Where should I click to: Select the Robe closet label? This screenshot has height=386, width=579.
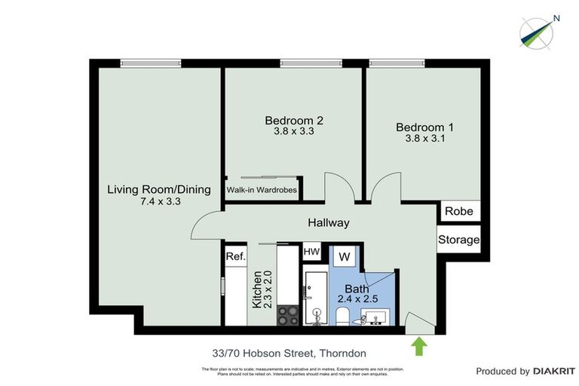[458, 211]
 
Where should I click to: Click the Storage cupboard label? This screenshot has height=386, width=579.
[458, 240]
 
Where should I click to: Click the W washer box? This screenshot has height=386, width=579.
[345, 257]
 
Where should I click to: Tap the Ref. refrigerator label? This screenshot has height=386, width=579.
[236, 257]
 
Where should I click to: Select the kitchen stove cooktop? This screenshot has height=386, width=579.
[286, 315]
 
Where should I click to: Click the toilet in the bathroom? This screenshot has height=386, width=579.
[343, 316]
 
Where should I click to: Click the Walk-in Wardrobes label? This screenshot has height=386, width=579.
[262, 190]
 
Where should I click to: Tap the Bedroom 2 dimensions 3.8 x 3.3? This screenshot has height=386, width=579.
[293, 131]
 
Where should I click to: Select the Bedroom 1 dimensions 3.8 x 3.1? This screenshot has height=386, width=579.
[424, 139]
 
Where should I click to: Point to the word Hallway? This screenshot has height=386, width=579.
[329, 223]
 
